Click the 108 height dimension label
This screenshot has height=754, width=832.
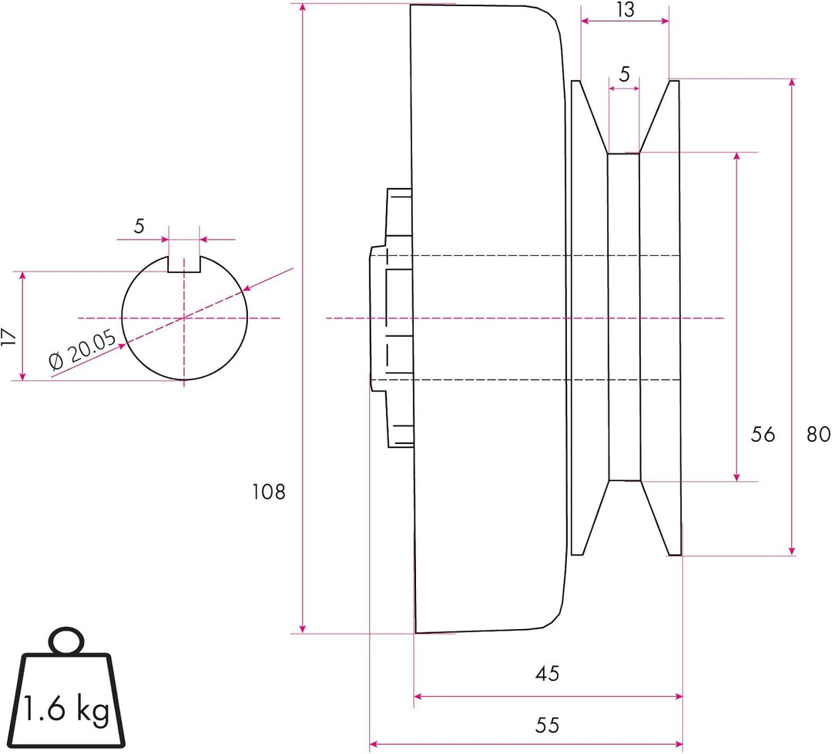pos(268,491)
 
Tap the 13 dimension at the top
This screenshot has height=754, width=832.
pos(626,10)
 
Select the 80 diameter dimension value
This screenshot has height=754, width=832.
pos(818,434)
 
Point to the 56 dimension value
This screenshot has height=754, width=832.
pos(762,434)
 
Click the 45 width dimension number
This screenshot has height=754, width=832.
pos(547,674)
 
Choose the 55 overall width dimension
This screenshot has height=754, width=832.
pos(547,725)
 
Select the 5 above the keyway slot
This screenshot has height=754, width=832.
pos(139,227)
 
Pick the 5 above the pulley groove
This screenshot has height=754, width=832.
pos(624,75)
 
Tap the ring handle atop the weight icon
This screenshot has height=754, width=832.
pos(67,641)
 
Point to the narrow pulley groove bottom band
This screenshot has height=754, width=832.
pos(624,317)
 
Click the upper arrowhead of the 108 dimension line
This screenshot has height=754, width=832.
pos(304,8)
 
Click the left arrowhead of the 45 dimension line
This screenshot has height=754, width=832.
pos(419,696)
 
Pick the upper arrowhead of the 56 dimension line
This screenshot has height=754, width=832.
pos(737,157)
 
